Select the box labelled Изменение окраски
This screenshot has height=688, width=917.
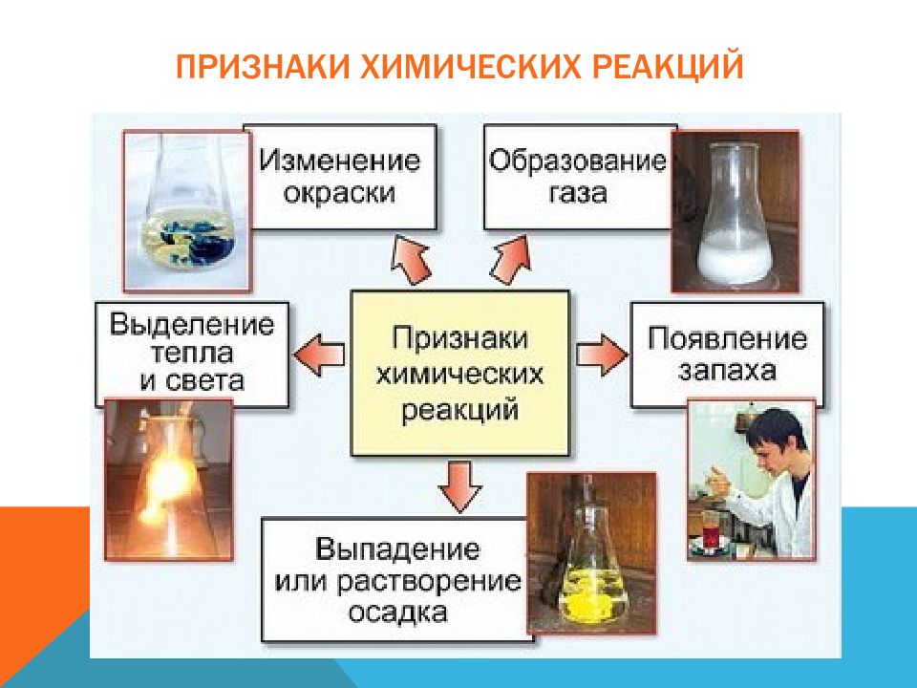(340, 176)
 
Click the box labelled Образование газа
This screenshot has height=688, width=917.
(577, 176)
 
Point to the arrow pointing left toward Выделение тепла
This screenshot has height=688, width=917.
(321, 354)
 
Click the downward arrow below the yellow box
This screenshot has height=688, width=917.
(459, 486)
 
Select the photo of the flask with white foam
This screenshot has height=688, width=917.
(735, 212)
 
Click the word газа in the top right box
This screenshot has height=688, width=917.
(577, 193)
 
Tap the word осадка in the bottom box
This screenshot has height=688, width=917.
(397, 613)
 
